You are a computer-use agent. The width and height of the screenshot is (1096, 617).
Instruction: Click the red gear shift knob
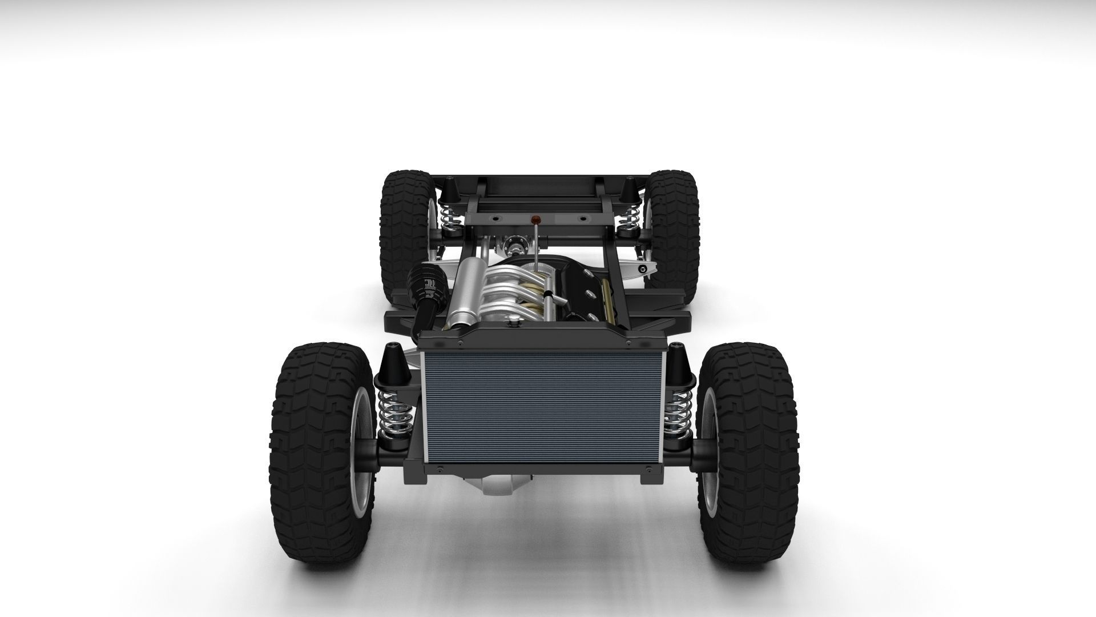535,218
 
